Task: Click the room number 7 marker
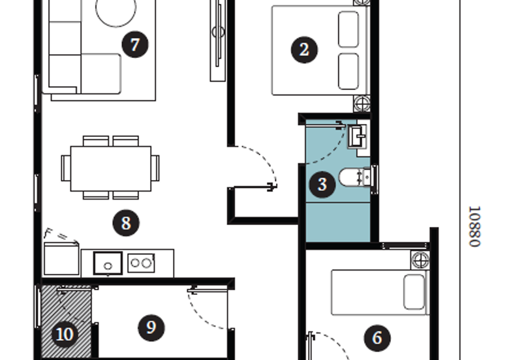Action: [x=135, y=44]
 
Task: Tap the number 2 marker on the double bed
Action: [x=304, y=50]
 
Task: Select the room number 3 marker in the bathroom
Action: [x=322, y=185]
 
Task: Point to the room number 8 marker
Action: [x=126, y=223]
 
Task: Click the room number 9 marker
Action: [x=151, y=328]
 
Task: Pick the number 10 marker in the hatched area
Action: [x=65, y=335]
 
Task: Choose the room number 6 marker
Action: [x=377, y=338]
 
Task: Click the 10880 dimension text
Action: [x=475, y=226]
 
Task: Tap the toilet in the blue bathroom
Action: [x=355, y=177]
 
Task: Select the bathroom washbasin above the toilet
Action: [x=358, y=136]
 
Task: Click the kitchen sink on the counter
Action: [x=108, y=263]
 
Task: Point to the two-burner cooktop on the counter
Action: [x=141, y=263]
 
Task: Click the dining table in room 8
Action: [x=111, y=168]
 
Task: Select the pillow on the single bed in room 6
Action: [x=414, y=292]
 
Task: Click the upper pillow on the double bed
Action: [x=348, y=29]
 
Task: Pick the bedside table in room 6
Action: [x=420, y=260]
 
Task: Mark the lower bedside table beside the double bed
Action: [x=362, y=104]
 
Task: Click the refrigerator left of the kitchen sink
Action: [x=61, y=259]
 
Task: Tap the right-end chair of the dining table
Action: [x=155, y=168]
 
